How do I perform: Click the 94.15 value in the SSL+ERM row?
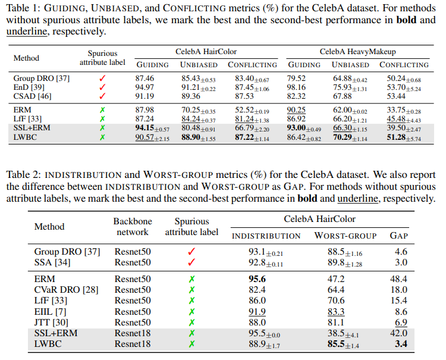[145, 128]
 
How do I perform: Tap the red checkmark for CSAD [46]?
[102, 95]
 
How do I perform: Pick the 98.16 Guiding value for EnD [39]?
[297, 87]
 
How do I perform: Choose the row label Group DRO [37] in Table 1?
[36, 78]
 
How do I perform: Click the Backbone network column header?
[133, 226]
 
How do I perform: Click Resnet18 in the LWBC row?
[133, 344]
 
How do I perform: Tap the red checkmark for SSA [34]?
[191, 262]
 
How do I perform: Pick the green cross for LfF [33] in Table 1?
[102, 119]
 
